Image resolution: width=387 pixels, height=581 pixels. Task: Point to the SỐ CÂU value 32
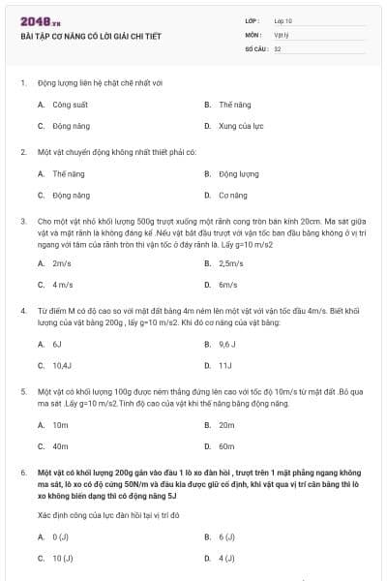[278, 47]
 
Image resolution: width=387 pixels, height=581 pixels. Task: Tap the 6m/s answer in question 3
[227, 285]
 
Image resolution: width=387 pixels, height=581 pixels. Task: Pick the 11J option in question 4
[225, 366]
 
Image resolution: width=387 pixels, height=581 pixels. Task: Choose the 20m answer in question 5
[227, 425]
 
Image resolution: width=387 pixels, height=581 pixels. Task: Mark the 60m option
[227, 446]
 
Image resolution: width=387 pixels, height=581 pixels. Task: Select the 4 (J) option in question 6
[227, 559]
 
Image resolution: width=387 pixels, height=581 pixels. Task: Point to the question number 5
[22, 391]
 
